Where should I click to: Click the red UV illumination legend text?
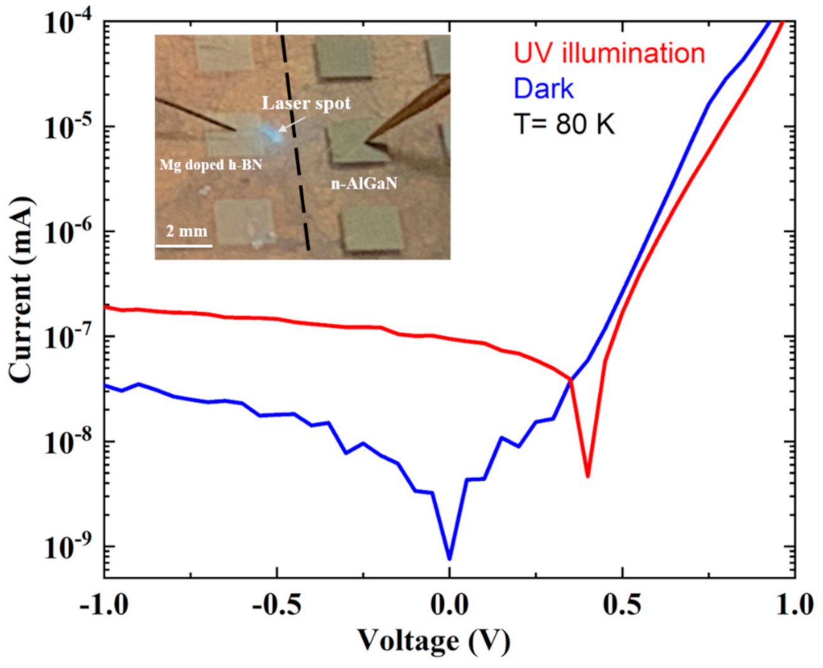point(609,53)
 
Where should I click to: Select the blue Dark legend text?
point(544,89)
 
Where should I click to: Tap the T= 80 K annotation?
point(564,124)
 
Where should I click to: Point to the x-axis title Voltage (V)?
point(433,641)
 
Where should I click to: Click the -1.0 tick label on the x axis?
point(104,603)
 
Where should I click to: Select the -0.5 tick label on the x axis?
point(277,603)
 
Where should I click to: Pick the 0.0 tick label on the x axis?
point(450,603)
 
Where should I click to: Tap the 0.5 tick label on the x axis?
point(622,603)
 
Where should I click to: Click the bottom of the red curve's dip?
point(588,476)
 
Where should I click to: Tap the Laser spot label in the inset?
point(306,104)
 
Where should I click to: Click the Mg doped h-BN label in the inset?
point(211,165)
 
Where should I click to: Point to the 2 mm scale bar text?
point(186,231)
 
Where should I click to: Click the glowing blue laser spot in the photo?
point(269,133)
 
